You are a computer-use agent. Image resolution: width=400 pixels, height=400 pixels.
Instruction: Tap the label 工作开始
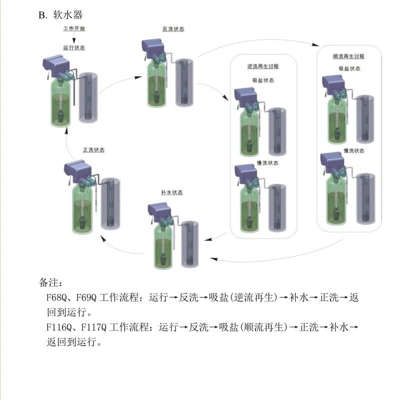pyautogui.click(x=74, y=29)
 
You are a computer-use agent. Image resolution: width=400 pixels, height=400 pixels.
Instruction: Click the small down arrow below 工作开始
pyautogui.click(x=74, y=39)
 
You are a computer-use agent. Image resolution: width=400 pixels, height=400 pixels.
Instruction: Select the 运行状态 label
pyautogui.click(x=74, y=48)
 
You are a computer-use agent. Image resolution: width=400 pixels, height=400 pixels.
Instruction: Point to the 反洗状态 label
pyautogui.click(x=173, y=29)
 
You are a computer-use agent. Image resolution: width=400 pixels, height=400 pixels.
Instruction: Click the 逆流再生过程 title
pyautogui.click(x=263, y=66)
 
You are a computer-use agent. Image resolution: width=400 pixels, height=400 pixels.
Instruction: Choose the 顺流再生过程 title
pyautogui.click(x=348, y=56)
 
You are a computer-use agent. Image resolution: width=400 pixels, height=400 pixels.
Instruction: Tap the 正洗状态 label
pyautogui.click(x=93, y=149)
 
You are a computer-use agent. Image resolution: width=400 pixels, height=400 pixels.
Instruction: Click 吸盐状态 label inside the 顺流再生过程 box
pyautogui.click(x=349, y=68)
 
